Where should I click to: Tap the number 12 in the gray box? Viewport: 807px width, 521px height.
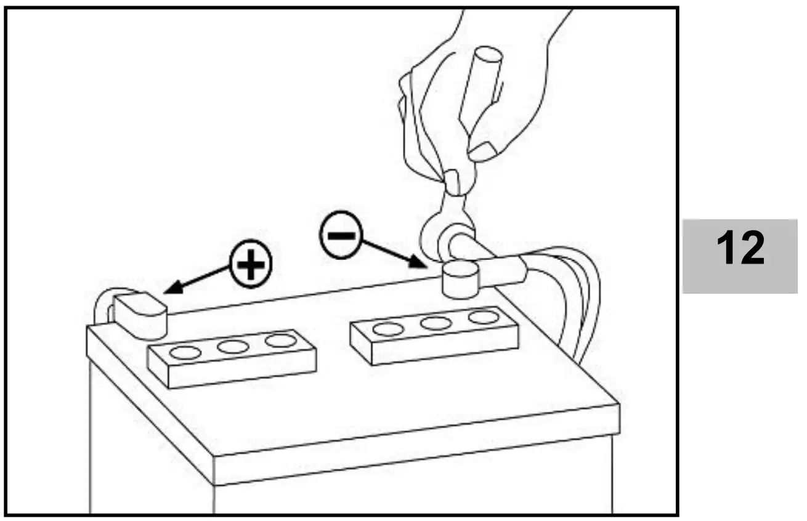pyautogui.click(x=740, y=249)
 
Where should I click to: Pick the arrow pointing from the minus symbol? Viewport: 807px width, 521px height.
pyautogui.click(x=394, y=255)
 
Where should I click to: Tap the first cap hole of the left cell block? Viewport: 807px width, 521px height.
pyautogui.click(x=185, y=353)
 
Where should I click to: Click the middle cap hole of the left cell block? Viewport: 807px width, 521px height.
pyautogui.click(x=233, y=347)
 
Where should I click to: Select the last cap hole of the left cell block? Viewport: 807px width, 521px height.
pyautogui.click(x=280, y=341)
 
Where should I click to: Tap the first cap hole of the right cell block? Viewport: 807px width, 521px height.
pyautogui.click(x=388, y=329)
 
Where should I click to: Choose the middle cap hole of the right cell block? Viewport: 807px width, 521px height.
pyautogui.click(x=436, y=323)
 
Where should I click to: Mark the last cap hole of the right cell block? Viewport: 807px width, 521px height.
pyautogui.click(x=484, y=317)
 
